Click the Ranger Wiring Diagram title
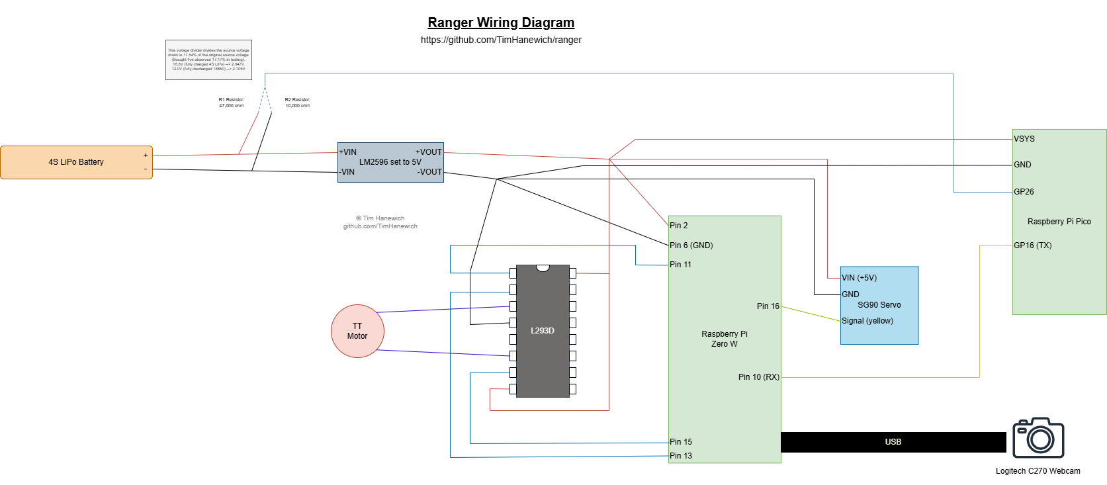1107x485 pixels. click(x=501, y=22)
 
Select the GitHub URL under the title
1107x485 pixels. click(x=501, y=40)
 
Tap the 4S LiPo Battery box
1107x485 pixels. click(x=76, y=162)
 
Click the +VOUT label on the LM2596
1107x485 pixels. click(x=429, y=152)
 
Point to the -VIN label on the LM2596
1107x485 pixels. click(x=347, y=172)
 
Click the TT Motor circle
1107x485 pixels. click(x=357, y=331)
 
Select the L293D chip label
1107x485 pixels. click(x=543, y=331)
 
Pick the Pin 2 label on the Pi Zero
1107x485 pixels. click(x=679, y=226)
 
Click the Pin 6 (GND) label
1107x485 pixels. click(x=691, y=245)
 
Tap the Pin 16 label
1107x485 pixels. click(x=768, y=306)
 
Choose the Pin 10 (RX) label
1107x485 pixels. click(x=758, y=377)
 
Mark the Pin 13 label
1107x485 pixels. click(x=681, y=456)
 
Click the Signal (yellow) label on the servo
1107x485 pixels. click(x=867, y=321)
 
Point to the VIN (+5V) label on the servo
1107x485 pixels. click(x=859, y=278)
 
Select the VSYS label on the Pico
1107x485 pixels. click(x=1024, y=139)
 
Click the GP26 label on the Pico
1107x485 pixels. click(x=1024, y=192)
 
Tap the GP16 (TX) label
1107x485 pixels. click(x=1033, y=245)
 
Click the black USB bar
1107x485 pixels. click(x=893, y=442)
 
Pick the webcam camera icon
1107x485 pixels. click(x=1038, y=437)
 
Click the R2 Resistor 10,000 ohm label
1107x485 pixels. click(x=298, y=103)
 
